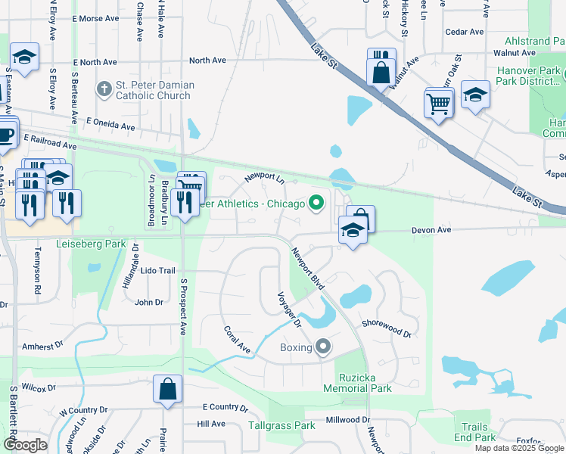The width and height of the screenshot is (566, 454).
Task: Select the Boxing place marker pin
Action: pos(323,347)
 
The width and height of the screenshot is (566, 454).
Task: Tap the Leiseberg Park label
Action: pos(90,244)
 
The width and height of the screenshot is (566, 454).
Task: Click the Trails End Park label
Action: pos(475,432)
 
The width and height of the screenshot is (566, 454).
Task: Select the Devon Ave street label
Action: pos(431,229)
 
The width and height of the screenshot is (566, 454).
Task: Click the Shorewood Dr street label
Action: pos(386,328)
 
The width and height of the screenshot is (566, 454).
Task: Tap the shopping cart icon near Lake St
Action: pos(439,104)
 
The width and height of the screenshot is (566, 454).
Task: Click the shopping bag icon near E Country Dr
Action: pos(167,389)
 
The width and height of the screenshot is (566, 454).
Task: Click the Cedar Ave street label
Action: pos(465,32)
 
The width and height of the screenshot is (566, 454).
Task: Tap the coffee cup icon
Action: pos(6,135)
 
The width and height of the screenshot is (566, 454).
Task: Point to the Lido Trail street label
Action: pos(157,271)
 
